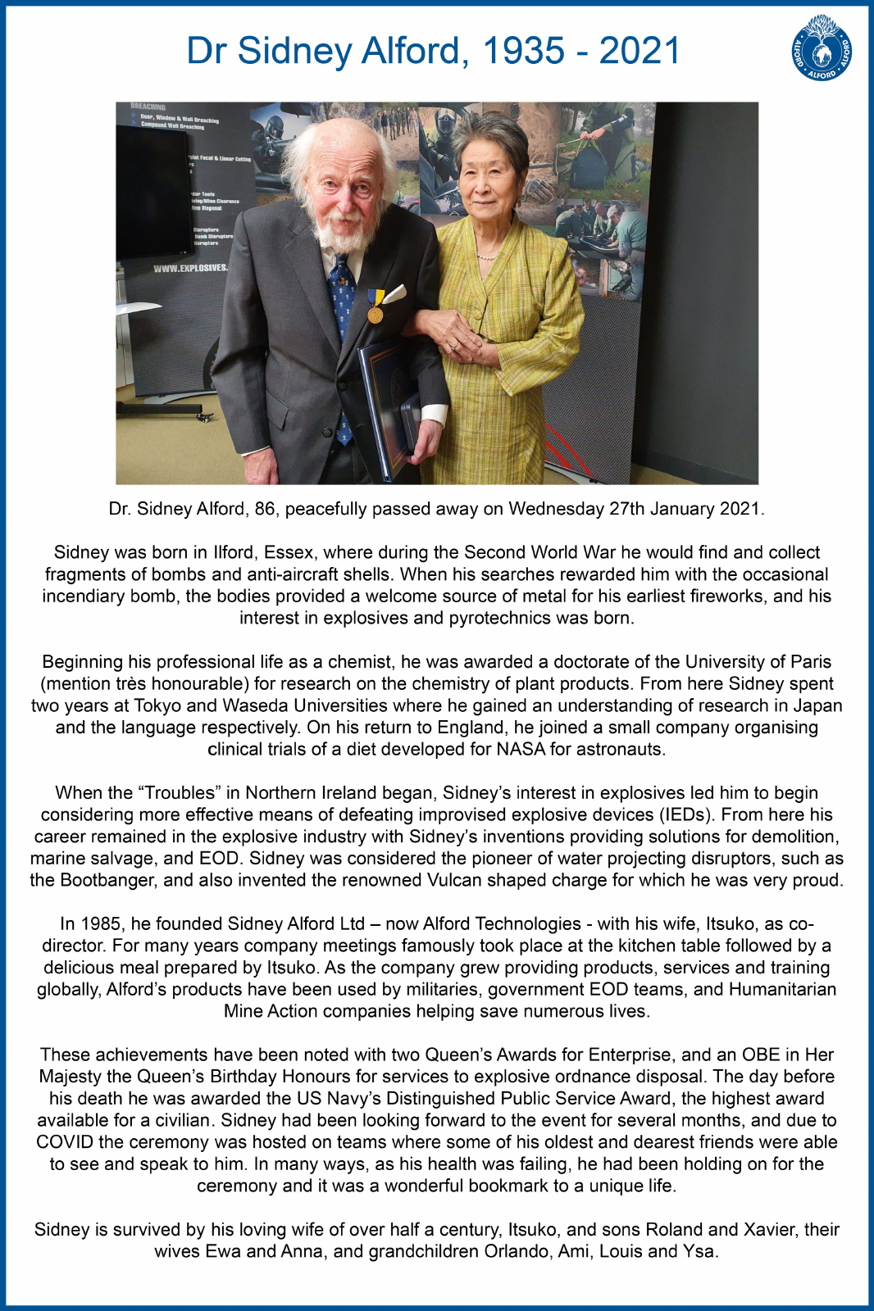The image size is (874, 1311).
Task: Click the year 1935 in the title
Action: click(x=523, y=51)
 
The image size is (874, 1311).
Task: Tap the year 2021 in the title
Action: click(x=640, y=51)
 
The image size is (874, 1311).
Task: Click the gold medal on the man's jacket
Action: click(x=376, y=313)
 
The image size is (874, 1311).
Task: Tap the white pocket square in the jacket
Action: click(x=394, y=293)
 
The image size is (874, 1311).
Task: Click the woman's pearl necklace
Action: click(x=486, y=256)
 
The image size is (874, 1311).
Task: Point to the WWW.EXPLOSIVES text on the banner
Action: click(x=191, y=268)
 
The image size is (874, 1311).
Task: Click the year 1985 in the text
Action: click(x=102, y=923)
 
